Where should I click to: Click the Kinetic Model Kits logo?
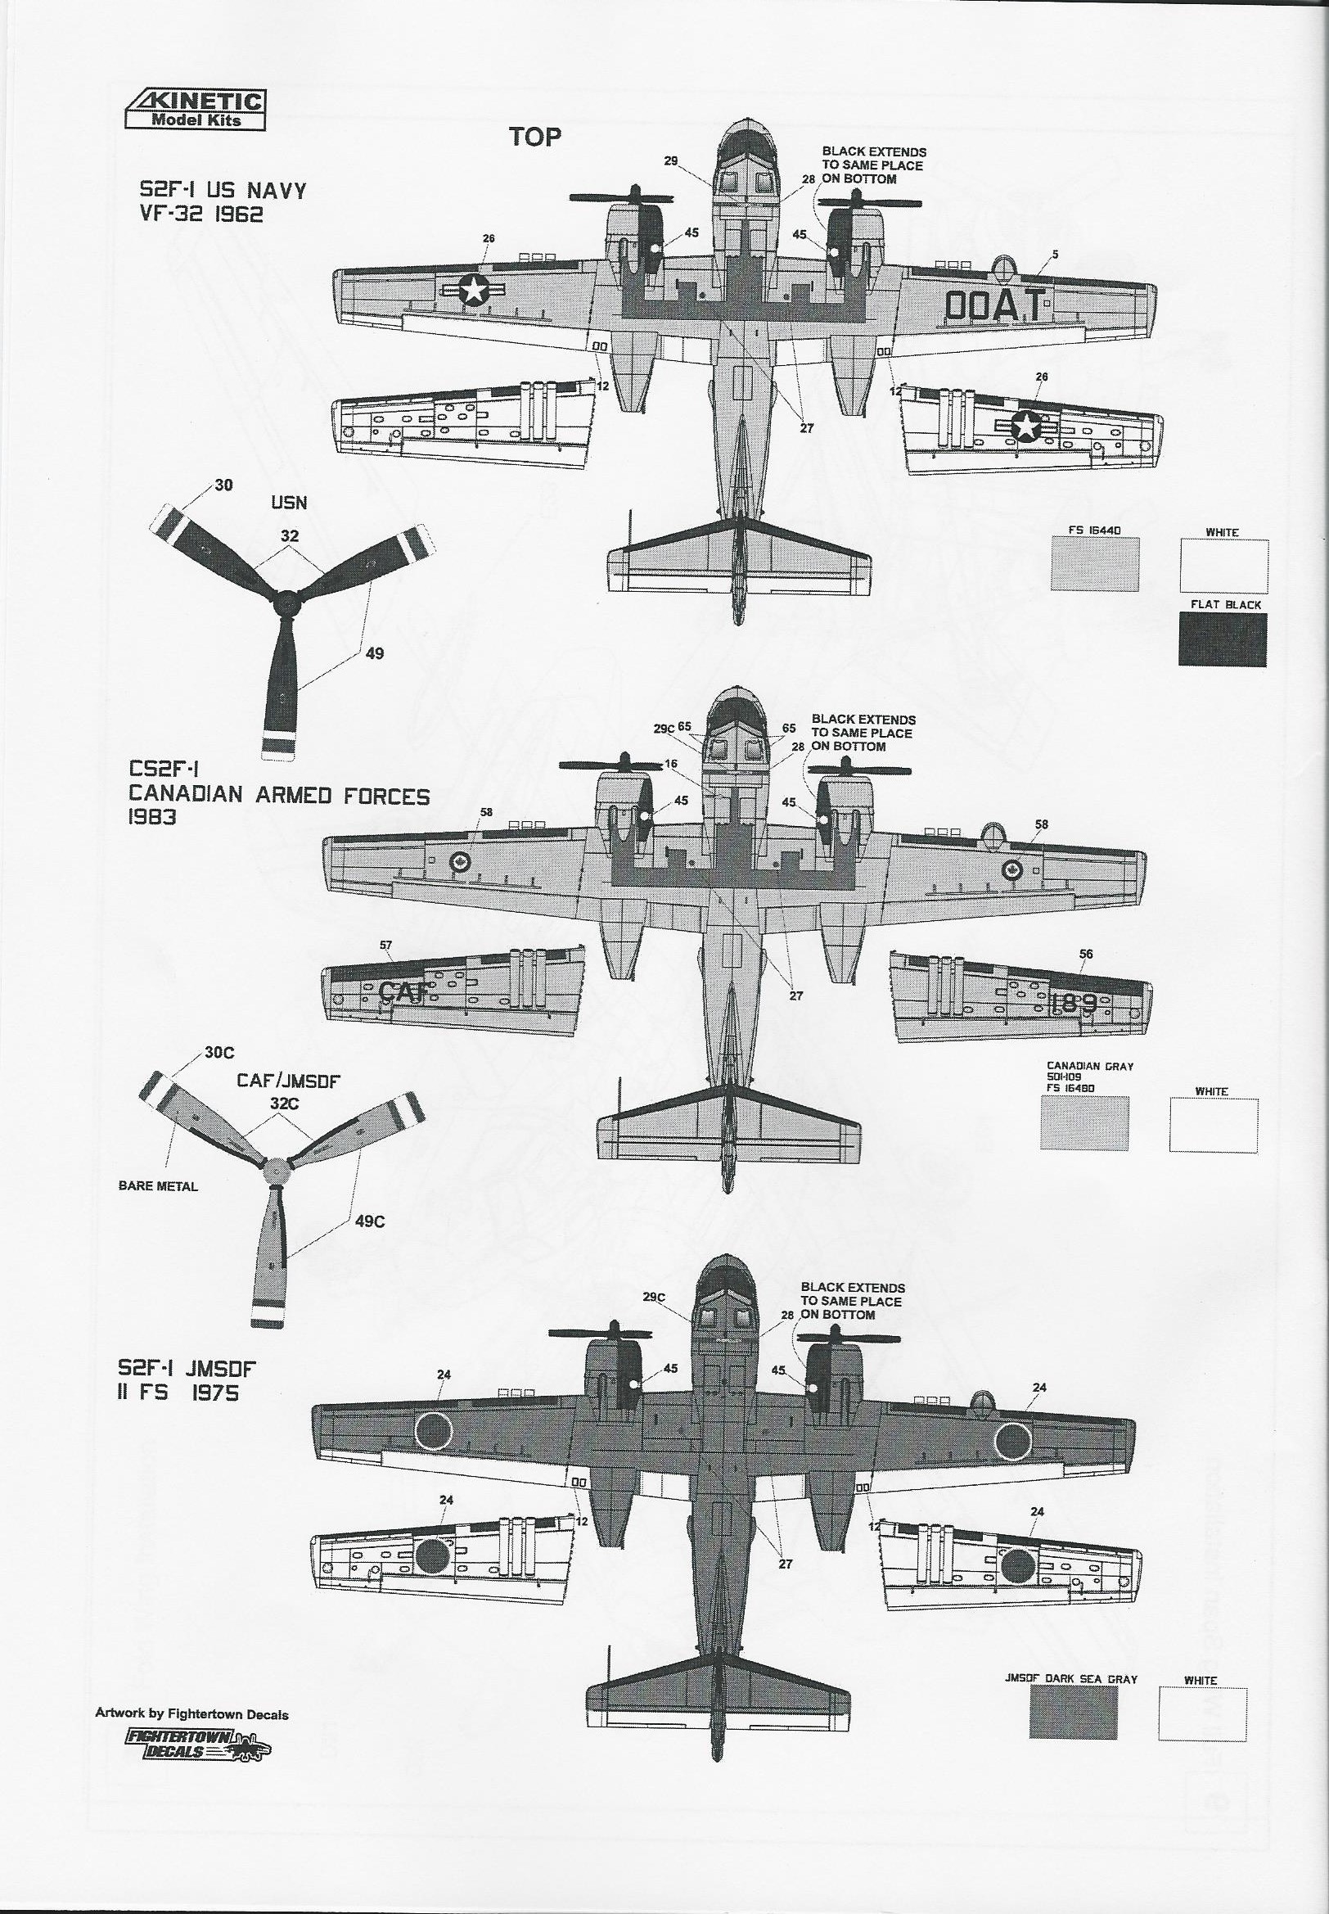[x=196, y=110]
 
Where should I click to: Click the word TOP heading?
[x=535, y=137]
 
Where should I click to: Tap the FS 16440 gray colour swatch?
[x=1095, y=563]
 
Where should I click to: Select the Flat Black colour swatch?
[x=1222, y=639]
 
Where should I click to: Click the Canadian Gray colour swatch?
[x=1085, y=1123]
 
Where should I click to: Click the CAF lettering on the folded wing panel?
[x=404, y=991]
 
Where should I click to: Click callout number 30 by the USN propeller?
[x=223, y=485]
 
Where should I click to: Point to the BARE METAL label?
[x=158, y=1186]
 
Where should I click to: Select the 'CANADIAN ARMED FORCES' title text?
[x=279, y=796]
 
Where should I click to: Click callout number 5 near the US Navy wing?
[x=1055, y=255]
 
